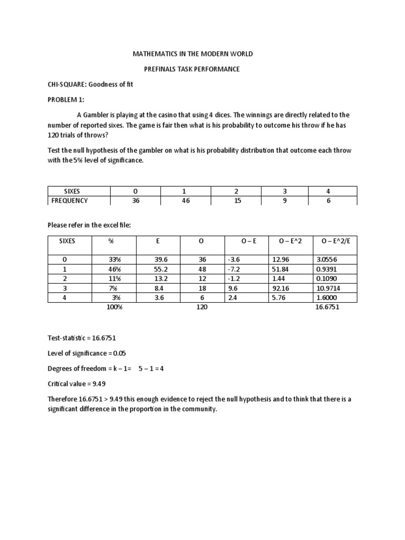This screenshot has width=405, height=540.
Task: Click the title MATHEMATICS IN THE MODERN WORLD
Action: (x=192, y=54)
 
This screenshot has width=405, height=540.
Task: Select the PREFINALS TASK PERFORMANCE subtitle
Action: (x=192, y=69)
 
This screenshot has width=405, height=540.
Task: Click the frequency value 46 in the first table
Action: (x=185, y=200)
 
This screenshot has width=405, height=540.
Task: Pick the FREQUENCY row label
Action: (x=69, y=200)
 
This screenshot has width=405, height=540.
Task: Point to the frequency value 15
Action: (x=236, y=200)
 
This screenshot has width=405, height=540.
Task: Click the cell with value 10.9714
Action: (x=327, y=288)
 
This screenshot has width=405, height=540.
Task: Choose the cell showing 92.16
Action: (x=282, y=288)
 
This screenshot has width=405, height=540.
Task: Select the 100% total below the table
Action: (x=114, y=307)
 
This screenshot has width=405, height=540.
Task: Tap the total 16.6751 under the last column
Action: (x=327, y=307)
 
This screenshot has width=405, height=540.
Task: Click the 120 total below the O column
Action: (x=201, y=307)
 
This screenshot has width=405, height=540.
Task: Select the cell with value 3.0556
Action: (x=327, y=259)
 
